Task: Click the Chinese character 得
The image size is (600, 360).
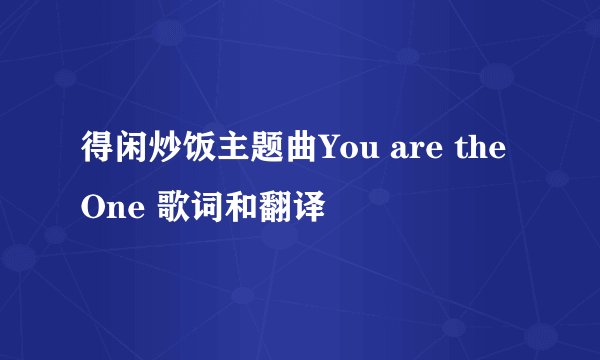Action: pos(94,157)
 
